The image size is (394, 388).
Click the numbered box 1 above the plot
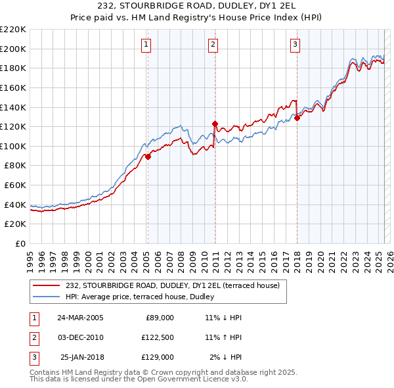click(145, 45)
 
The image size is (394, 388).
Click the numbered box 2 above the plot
click(213, 45)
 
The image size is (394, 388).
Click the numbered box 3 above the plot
click(295, 45)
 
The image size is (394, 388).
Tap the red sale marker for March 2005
click(148, 157)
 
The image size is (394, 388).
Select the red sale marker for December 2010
click(214, 123)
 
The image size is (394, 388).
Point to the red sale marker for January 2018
click(297, 117)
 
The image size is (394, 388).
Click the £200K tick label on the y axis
click(13, 49)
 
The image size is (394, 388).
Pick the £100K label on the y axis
click(13, 146)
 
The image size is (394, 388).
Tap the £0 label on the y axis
click(20, 243)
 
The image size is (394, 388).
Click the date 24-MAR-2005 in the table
click(80, 318)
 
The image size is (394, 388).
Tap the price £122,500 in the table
click(158, 337)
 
